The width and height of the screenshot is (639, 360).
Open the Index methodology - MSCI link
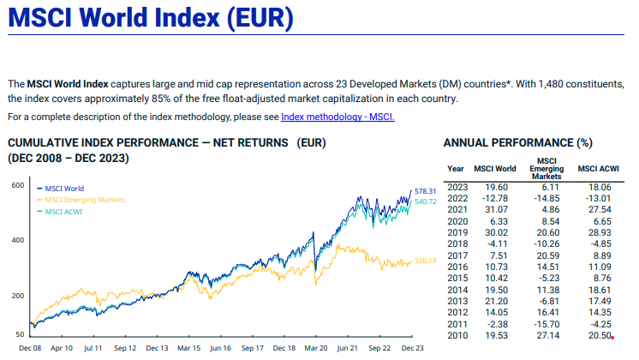(x=337, y=117)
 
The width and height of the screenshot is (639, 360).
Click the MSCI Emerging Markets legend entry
(x=84, y=199)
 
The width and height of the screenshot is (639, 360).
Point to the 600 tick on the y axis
(x=17, y=185)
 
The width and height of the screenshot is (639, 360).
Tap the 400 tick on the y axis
(x=17, y=240)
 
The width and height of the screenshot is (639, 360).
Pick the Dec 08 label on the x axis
(x=30, y=349)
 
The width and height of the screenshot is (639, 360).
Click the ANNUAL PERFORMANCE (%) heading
(x=520, y=142)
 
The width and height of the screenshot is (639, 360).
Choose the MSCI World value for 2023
(x=498, y=186)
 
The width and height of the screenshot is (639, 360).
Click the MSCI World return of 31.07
(x=498, y=208)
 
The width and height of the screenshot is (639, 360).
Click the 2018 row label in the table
(x=457, y=243)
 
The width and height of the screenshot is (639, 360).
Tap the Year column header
(x=457, y=168)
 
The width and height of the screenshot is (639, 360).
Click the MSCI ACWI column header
(x=600, y=168)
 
